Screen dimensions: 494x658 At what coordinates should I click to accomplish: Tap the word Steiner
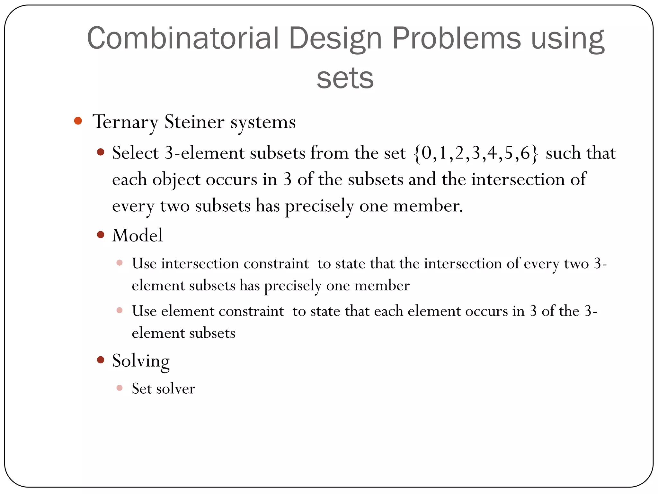click(x=194, y=122)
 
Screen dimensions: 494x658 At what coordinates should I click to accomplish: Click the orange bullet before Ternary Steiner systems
click(x=78, y=121)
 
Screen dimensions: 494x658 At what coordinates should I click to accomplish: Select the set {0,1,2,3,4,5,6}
click(x=476, y=153)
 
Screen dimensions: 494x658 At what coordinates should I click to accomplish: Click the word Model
click(x=138, y=235)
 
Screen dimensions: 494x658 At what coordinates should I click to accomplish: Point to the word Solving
click(x=141, y=361)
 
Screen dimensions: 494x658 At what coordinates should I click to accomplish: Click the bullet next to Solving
click(x=101, y=360)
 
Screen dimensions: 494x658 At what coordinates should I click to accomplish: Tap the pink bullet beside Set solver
click(x=120, y=388)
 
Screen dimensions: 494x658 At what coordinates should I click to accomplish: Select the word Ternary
click(x=125, y=122)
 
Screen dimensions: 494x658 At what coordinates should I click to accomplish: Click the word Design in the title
click(x=335, y=39)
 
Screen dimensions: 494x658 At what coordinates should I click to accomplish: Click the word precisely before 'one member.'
click(x=319, y=206)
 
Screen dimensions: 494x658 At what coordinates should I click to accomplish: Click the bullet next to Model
click(x=101, y=234)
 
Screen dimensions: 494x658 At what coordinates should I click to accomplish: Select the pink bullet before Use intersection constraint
click(x=120, y=263)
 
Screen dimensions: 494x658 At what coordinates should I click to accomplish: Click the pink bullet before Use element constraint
click(x=120, y=310)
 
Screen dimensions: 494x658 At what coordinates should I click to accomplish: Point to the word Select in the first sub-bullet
click(x=136, y=153)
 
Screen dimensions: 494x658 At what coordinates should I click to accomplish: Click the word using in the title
click(x=568, y=39)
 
